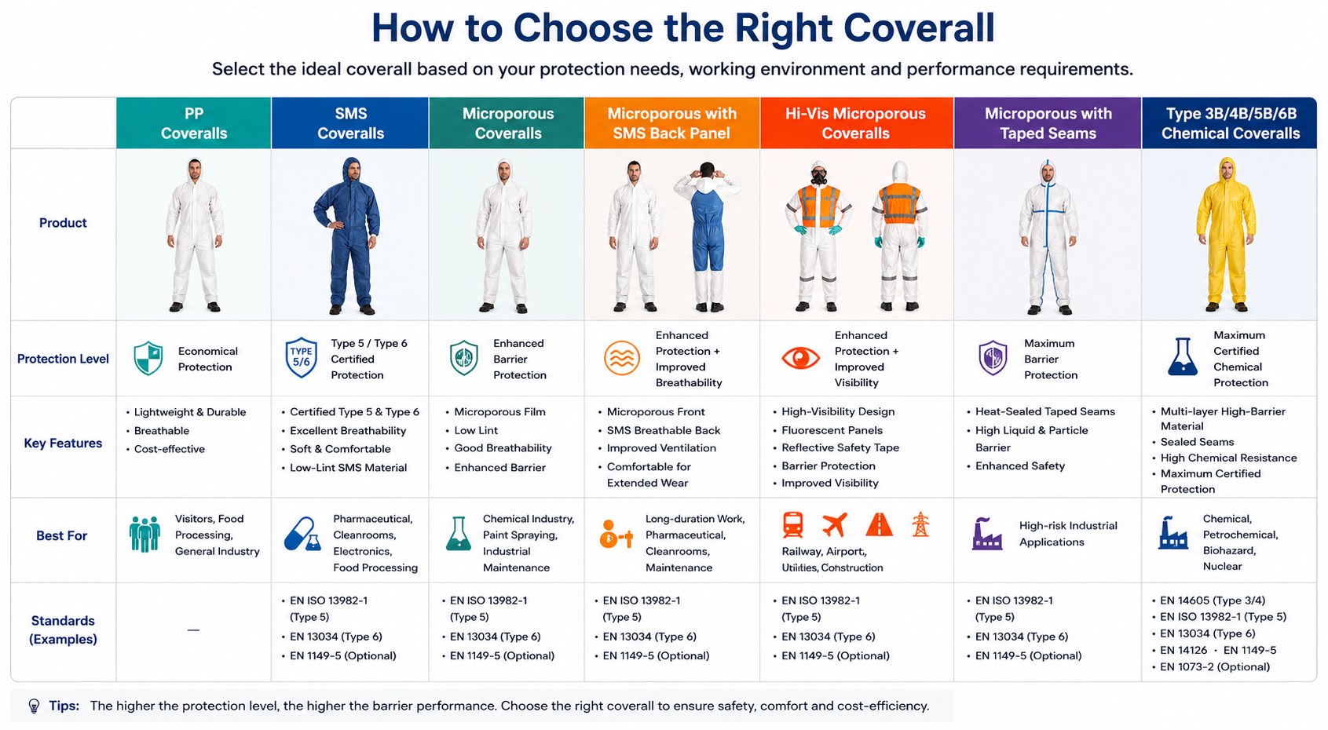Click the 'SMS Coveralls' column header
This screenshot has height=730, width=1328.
click(350, 123)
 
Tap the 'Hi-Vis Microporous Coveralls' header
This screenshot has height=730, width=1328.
click(855, 123)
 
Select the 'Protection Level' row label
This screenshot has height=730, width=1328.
click(63, 359)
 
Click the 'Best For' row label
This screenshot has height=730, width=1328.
click(62, 535)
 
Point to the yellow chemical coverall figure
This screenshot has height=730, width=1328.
click(1226, 235)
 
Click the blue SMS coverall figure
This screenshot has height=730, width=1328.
click(348, 235)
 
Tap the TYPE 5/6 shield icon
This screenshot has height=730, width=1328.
click(301, 357)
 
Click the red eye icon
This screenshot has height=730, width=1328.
click(800, 358)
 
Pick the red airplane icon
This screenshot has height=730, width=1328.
click(835, 524)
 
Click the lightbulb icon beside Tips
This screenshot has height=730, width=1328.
click(34, 706)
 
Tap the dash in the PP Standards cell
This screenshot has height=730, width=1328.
click(193, 630)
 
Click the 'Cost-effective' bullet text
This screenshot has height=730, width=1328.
click(170, 449)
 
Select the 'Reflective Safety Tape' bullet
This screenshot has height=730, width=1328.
click(840, 448)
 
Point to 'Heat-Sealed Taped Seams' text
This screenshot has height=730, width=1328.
click(1045, 412)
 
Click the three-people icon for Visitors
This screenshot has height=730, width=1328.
click(145, 534)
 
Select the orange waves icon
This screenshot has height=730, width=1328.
click(622, 358)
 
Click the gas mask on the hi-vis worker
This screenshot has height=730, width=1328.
click(819, 177)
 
